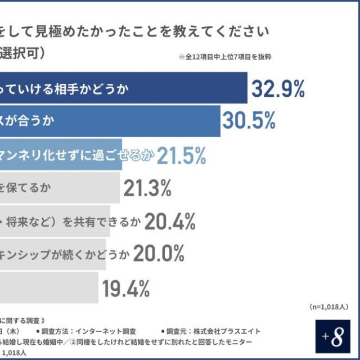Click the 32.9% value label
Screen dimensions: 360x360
click(x=277, y=89)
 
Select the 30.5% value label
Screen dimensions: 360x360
click(x=249, y=120)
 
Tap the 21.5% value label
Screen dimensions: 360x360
click(x=181, y=156)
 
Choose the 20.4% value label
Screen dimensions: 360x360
click(x=169, y=222)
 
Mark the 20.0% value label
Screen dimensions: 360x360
click(x=159, y=254)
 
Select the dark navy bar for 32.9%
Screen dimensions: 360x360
click(x=124, y=89)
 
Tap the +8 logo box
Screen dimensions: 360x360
click(x=336, y=337)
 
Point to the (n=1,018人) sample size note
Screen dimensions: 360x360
click(x=328, y=307)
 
